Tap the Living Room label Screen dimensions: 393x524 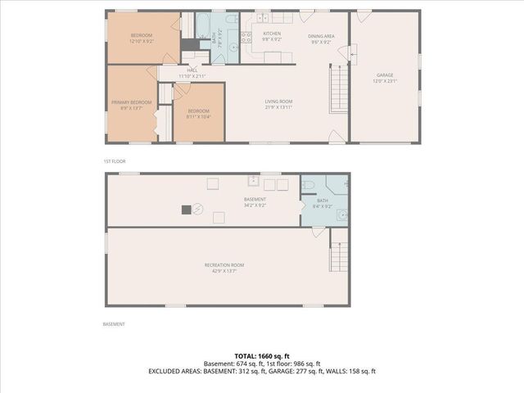pos(278,102)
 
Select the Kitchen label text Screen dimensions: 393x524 pos(272,34)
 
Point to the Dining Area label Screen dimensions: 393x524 pos(320,36)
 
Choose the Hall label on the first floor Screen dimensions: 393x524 pos(192,70)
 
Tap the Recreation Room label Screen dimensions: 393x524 pos(224,264)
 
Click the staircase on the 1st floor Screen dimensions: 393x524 pos(338,89)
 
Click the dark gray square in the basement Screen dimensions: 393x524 pos(187,210)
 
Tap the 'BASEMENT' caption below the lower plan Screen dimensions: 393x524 pos(114,323)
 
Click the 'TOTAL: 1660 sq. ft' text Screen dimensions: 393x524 pos(262,356)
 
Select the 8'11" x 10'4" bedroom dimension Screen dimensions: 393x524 pos(199,116)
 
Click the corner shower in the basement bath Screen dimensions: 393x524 pos(339,184)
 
